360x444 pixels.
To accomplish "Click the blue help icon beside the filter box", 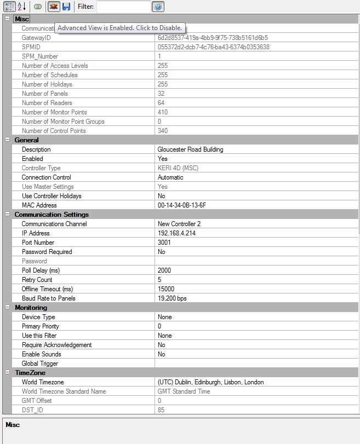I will point(158,7).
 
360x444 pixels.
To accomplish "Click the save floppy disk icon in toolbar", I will point(66,7).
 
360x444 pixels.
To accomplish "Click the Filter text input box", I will point(123,7).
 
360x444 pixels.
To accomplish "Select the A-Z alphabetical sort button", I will point(21,7).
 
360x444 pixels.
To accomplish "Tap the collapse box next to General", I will point(7,140).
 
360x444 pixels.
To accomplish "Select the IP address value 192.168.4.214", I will point(176,233).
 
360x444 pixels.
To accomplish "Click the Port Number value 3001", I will point(164,243).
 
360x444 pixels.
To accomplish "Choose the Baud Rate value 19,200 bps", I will point(172,298).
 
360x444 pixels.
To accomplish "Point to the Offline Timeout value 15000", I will point(166,289).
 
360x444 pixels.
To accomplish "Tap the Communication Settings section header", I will point(52,215).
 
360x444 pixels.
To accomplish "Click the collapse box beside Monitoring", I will point(7,308).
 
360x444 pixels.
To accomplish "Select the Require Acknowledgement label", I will point(56,345).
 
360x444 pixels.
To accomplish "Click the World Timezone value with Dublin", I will point(210,382).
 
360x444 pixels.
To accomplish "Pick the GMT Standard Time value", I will point(184,391).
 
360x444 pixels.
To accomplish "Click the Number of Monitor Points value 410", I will point(163,112).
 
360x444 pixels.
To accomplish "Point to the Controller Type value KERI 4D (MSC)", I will point(178,168).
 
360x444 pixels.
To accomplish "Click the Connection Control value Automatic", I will point(170,177).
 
